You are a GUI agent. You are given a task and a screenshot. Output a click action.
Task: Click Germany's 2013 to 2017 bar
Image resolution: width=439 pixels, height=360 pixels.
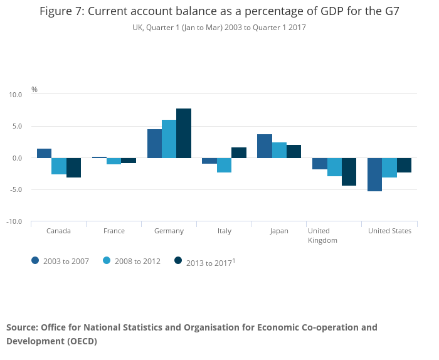[x=184, y=133]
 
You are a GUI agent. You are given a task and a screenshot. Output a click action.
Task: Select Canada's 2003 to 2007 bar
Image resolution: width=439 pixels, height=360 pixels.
[x=44, y=153]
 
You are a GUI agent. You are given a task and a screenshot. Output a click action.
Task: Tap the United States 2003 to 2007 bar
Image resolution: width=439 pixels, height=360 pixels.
[x=374, y=174]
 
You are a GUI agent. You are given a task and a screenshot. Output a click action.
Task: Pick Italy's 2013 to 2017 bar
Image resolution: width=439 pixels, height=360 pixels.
[x=239, y=152]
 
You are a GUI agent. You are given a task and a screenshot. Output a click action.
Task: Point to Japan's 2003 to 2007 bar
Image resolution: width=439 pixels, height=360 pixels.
[x=265, y=146]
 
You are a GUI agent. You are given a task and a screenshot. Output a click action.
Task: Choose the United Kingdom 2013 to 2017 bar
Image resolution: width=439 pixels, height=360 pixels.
[x=349, y=172]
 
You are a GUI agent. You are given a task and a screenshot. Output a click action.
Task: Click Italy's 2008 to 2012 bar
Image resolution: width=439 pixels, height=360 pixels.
[x=225, y=165]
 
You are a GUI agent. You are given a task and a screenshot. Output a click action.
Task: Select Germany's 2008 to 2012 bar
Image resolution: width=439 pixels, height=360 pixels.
[x=169, y=139]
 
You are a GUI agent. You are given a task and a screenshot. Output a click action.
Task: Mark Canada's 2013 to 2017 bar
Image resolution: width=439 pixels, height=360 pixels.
[x=73, y=167]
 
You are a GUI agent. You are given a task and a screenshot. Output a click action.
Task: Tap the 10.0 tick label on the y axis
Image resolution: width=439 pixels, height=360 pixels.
[x=16, y=95]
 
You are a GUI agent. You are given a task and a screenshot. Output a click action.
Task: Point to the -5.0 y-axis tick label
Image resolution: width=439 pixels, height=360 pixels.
[x=16, y=190]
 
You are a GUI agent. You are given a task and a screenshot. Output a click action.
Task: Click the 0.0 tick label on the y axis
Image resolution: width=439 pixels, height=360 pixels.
[x=17, y=158]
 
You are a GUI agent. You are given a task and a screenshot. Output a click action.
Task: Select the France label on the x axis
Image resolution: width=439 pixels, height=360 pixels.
[x=114, y=231]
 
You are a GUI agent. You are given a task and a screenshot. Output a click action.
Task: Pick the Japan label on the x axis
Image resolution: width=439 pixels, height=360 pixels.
[x=279, y=231]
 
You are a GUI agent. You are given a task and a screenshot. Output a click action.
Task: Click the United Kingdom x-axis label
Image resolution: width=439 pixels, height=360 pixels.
[x=323, y=235]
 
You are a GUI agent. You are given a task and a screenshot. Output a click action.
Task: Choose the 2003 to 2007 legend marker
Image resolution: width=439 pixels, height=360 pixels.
[x=36, y=260]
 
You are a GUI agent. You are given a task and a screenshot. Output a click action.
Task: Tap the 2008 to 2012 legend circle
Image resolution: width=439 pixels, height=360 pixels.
[x=107, y=260]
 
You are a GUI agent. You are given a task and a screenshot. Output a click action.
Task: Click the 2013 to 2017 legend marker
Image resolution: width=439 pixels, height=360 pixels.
[x=178, y=260]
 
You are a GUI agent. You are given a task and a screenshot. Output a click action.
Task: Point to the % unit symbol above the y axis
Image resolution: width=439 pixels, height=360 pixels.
[x=34, y=90]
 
